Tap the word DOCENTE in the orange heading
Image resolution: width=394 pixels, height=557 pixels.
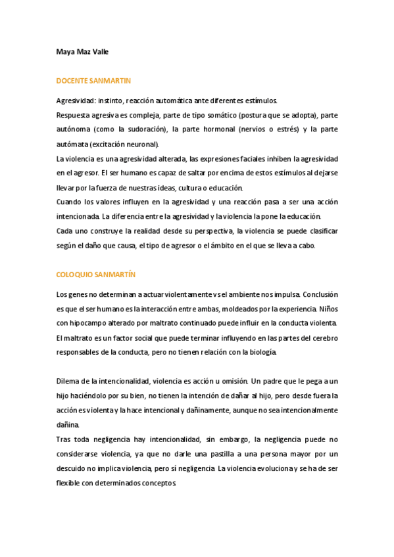(x=74, y=81)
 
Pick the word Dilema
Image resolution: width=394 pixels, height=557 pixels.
(x=69, y=381)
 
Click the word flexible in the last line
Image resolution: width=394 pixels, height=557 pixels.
(x=70, y=483)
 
